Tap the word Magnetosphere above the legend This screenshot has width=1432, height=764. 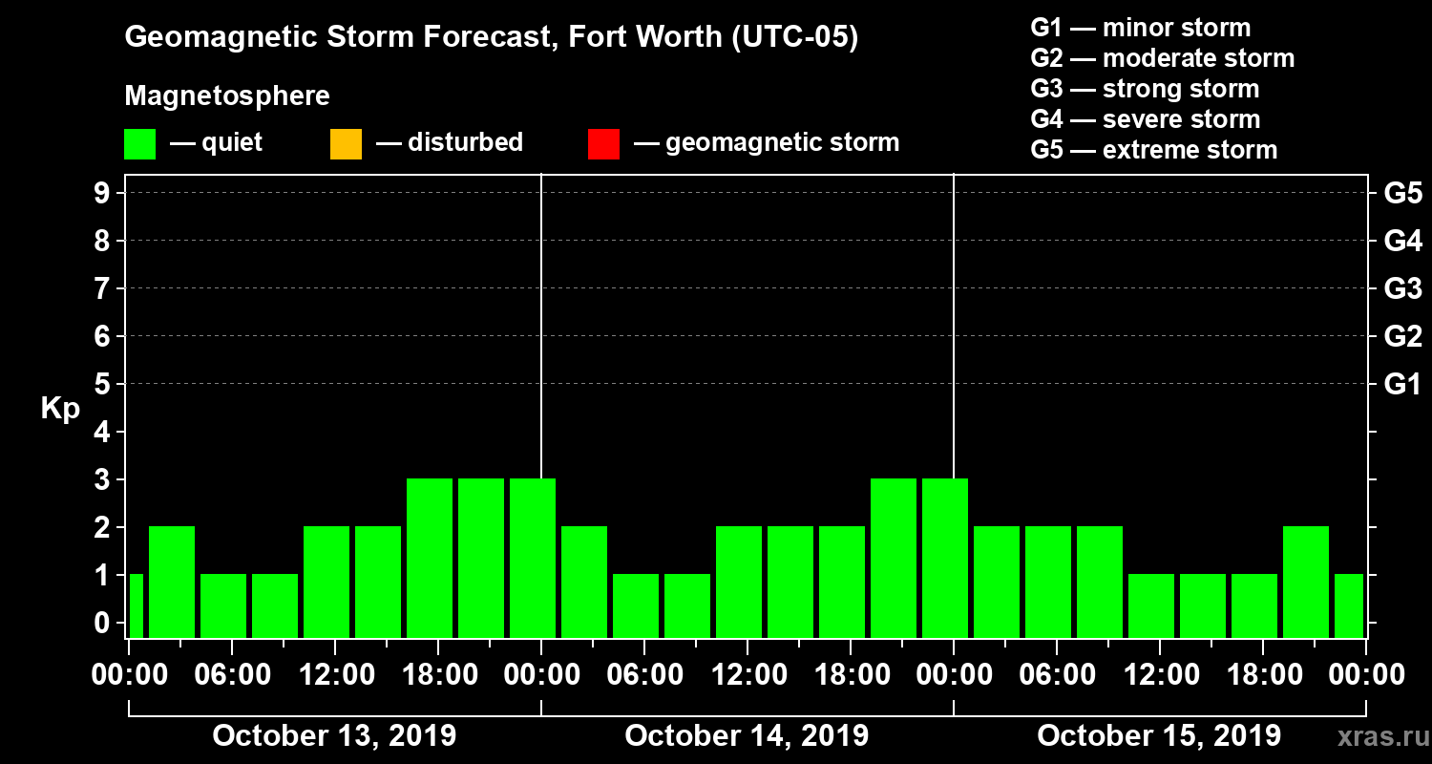pos(227,96)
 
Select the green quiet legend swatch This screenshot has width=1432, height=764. pos(139,144)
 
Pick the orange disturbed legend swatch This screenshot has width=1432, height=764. pos(346,144)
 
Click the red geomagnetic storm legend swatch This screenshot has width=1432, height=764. pos(603,144)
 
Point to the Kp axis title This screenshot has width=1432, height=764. pos(60,409)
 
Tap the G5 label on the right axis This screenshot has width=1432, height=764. pos(1402,194)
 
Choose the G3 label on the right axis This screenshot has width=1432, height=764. pos(1402,289)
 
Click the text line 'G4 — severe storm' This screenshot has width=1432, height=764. pos(1146,119)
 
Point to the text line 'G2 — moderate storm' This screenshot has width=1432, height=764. pos(1163,58)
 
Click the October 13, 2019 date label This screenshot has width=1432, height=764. pos(334,736)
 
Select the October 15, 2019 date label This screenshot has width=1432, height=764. pos(1159,736)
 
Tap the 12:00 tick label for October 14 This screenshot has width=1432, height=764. pos(748,675)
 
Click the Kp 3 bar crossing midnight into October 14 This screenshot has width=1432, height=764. pos(533,558)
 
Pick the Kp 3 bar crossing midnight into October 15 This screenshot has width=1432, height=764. pos(945,558)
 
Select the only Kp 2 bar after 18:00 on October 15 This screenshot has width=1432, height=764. pos(1306,582)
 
